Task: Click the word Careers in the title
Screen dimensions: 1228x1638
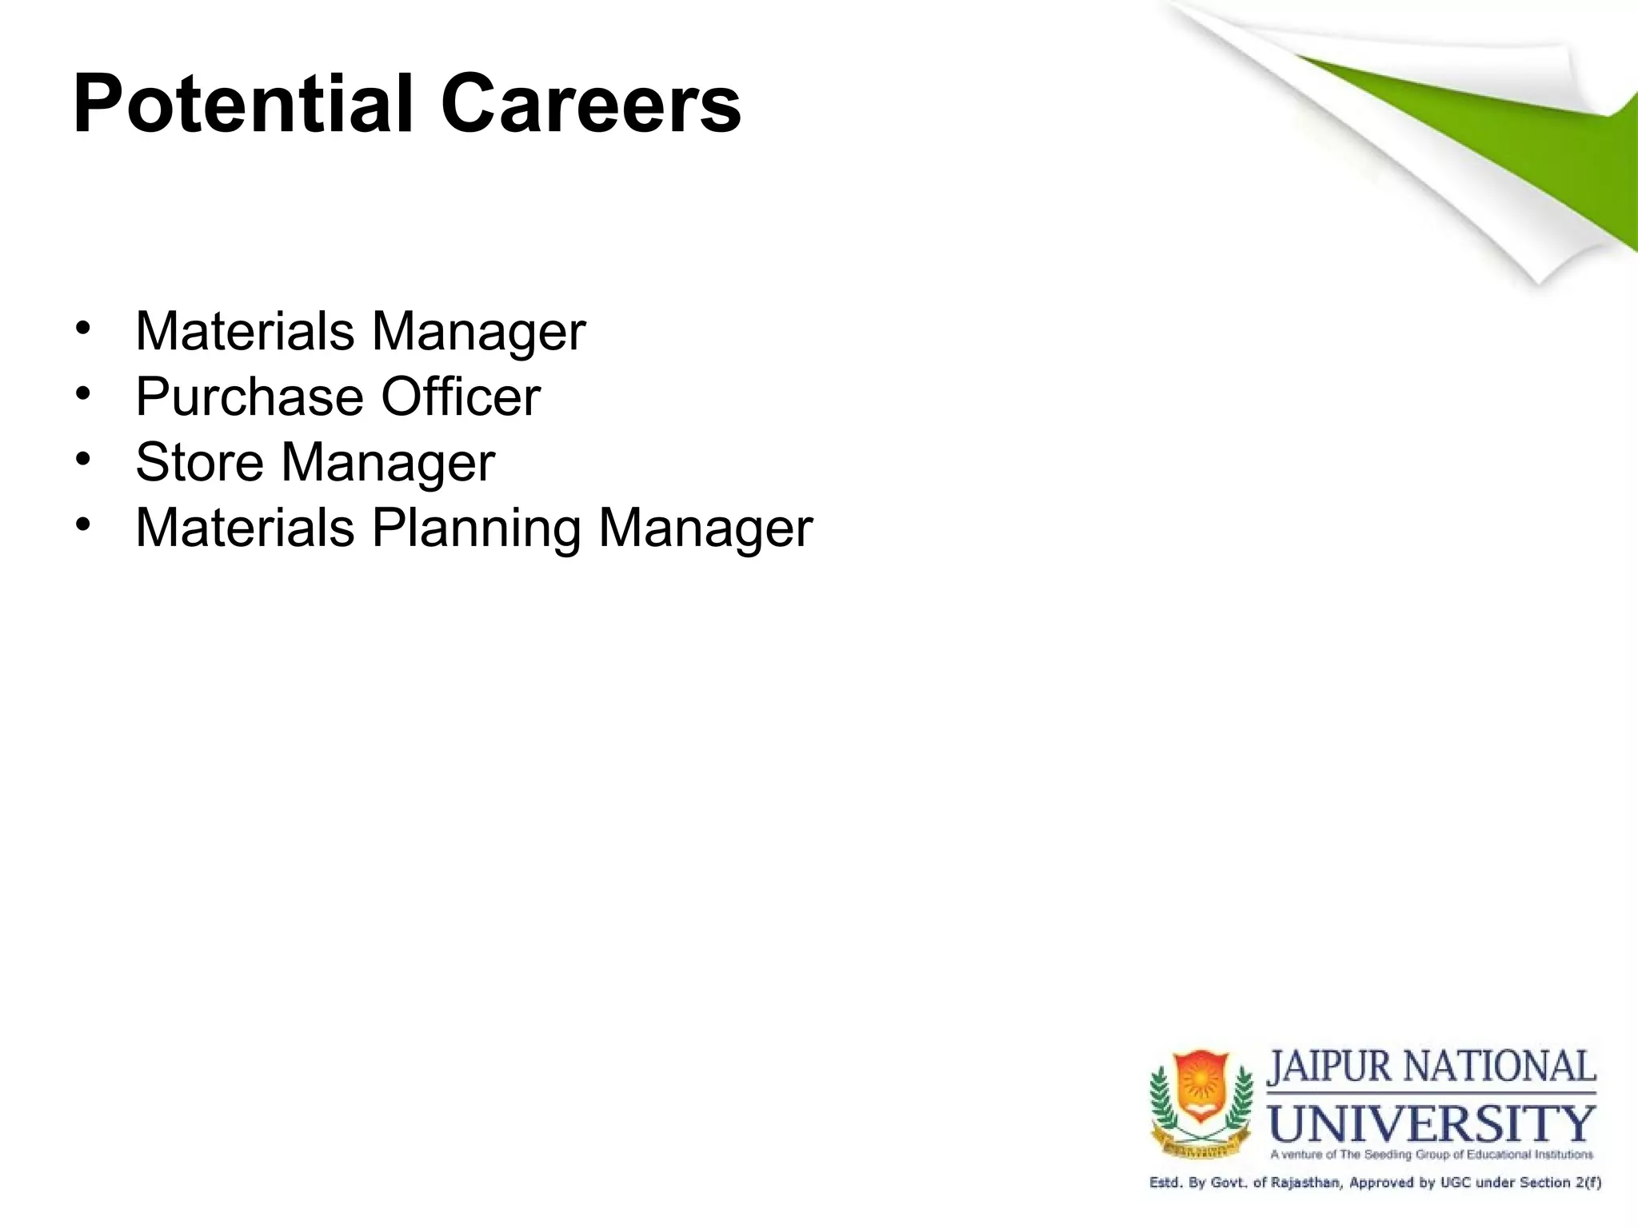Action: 591,105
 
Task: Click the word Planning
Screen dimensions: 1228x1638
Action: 477,528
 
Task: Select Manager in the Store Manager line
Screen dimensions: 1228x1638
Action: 388,464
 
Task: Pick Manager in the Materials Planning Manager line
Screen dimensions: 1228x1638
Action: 705,529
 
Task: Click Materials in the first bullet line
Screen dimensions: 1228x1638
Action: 245,331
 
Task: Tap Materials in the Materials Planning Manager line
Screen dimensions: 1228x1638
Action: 245,528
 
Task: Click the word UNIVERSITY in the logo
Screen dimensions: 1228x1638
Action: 1432,1123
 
